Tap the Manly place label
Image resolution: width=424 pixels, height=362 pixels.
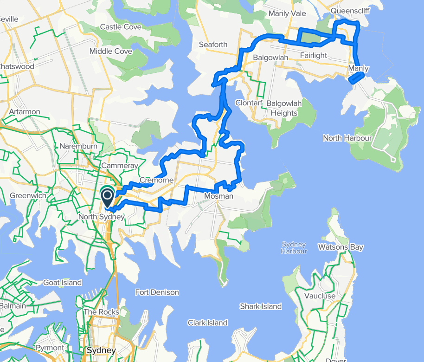pos(358,69)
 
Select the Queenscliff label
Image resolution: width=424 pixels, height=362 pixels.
pos(349,10)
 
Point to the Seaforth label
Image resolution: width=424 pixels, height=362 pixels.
pos(213,45)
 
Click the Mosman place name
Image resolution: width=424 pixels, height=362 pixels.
pos(218,196)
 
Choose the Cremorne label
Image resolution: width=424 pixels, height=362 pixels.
pos(156,180)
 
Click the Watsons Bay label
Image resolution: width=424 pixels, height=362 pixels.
pos(340,247)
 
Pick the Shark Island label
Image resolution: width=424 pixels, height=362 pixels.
pos(261,306)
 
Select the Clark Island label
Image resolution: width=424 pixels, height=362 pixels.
pos(207,323)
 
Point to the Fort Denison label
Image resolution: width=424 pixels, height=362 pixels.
pos(157,292)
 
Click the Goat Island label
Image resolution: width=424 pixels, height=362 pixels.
pos(62,282)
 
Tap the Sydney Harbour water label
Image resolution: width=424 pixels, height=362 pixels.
pos(294,248)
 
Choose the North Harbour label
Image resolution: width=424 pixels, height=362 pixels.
pos(347,138)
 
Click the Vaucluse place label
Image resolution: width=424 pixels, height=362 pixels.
pos(320,296)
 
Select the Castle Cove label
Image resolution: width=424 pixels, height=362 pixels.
pos(121,27)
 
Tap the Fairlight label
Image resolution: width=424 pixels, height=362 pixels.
pos(313,55)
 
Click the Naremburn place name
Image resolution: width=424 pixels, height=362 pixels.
pos(78,146)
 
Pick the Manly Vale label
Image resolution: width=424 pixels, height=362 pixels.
pos(287,13)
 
